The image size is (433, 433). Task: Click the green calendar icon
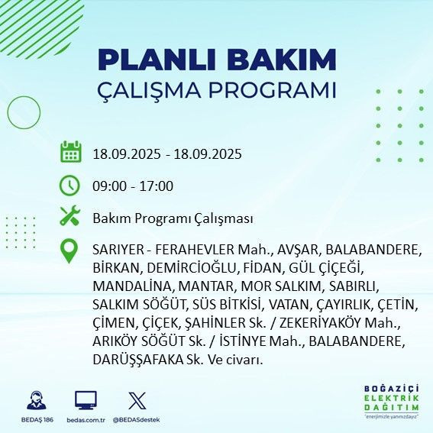70,153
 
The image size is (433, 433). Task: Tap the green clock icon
70,186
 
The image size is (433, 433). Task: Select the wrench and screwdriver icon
70,218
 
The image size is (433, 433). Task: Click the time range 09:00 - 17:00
132,186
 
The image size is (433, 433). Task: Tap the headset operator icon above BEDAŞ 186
36,399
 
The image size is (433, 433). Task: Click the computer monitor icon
86,399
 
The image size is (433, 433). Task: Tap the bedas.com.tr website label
86,420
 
